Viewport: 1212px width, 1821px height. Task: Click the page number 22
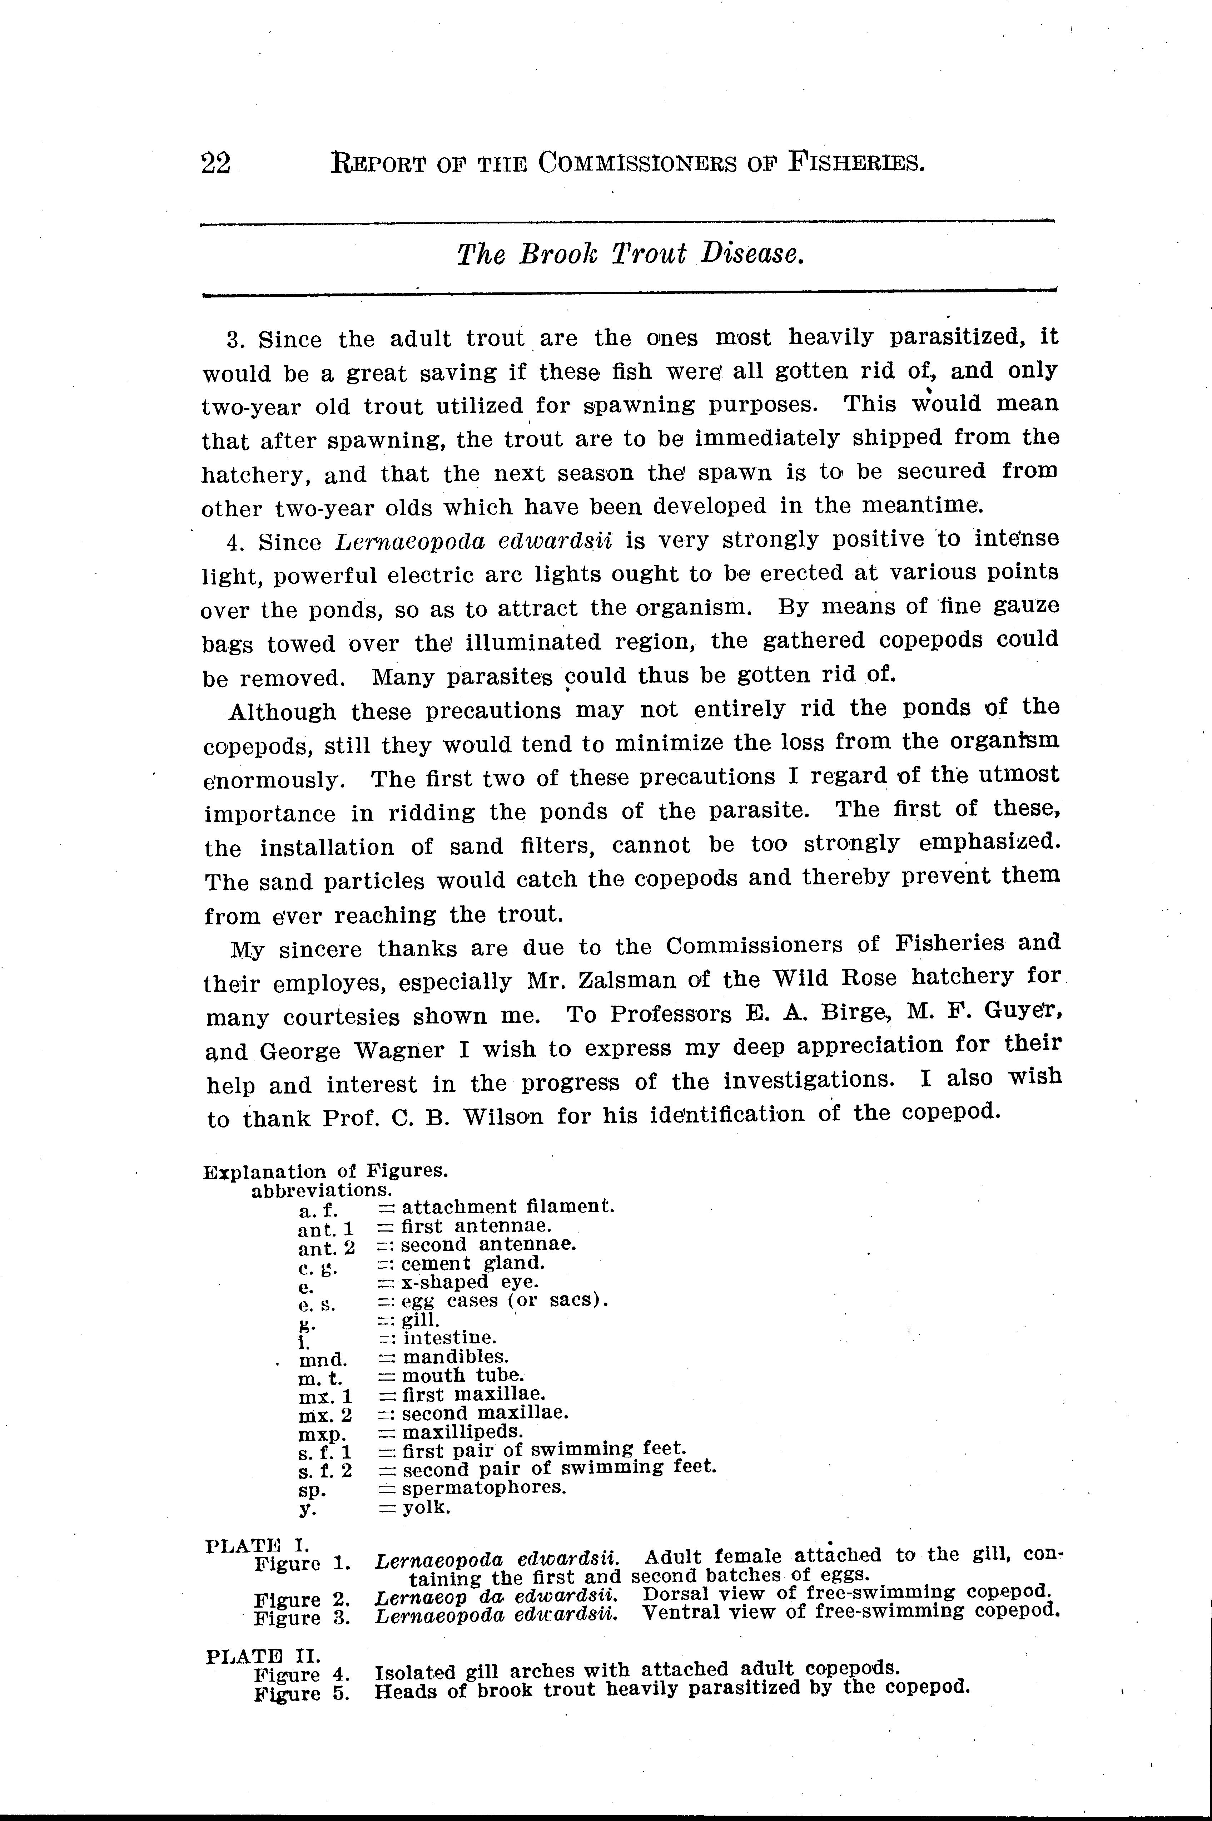[x=216, y=164]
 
